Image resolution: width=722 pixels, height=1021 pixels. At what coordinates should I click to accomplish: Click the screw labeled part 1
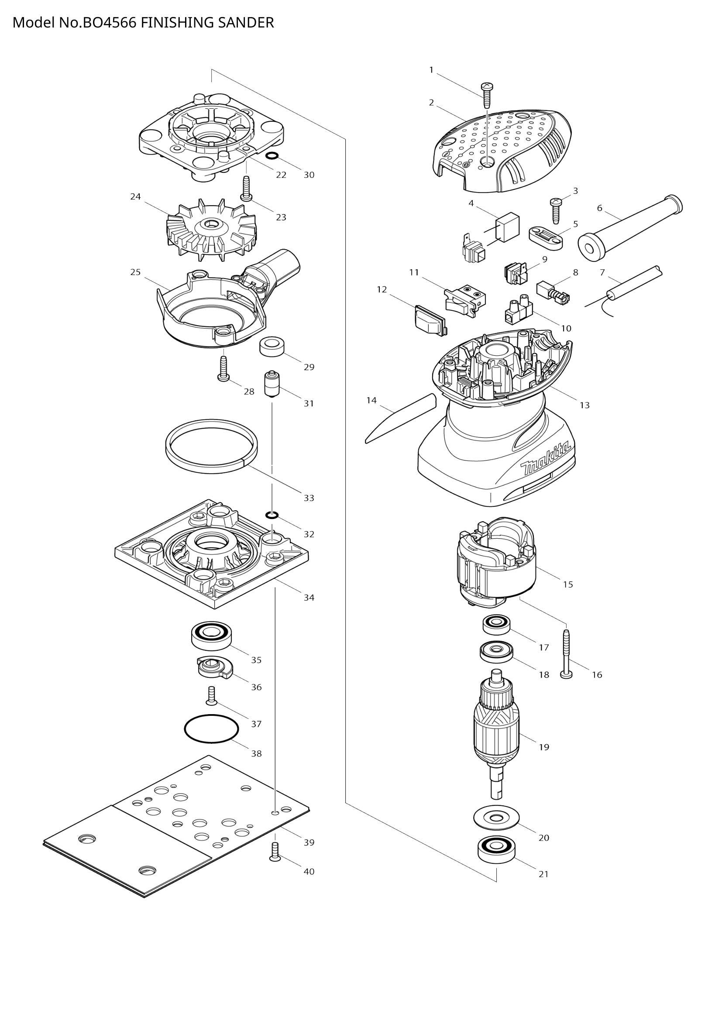click(x=487, y=94)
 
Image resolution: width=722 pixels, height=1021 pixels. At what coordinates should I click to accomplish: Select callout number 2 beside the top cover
click(x=431, y=103)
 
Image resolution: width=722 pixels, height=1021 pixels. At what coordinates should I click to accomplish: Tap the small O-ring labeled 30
click(x=272, y=156)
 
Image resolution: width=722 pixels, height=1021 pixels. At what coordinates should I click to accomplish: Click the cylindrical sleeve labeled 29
click(x=272, y=347)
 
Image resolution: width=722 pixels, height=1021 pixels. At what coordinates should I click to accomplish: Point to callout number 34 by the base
click(x=309, y=598)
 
